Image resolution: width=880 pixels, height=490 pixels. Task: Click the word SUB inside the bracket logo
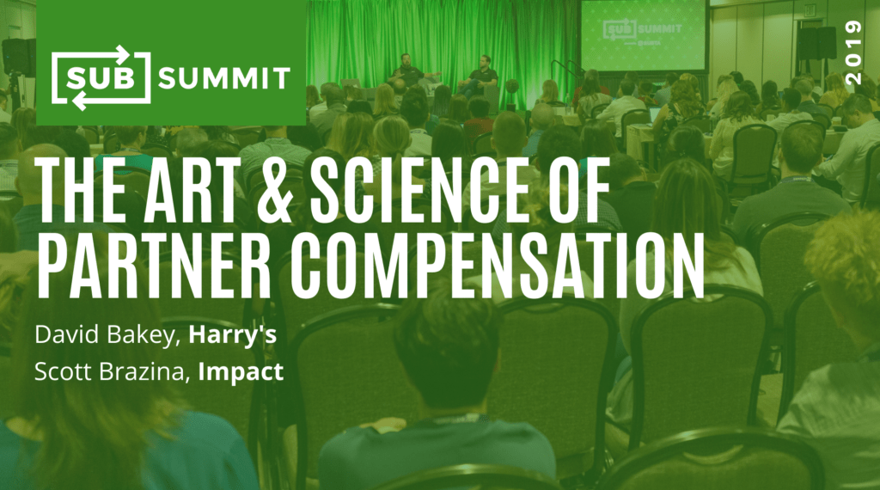click(101, 78)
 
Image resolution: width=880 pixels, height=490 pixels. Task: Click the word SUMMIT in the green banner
click(224, 78)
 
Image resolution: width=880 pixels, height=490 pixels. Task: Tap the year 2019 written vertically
click(853, 52)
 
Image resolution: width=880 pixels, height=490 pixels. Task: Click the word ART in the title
click(190, 189)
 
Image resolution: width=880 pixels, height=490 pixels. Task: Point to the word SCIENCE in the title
click(419, 189)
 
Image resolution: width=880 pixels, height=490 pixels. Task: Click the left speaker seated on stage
click(406, 71)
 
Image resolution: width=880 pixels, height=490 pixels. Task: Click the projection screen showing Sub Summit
click(643, 34)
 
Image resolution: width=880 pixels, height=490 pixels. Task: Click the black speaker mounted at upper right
click(817, 43)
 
